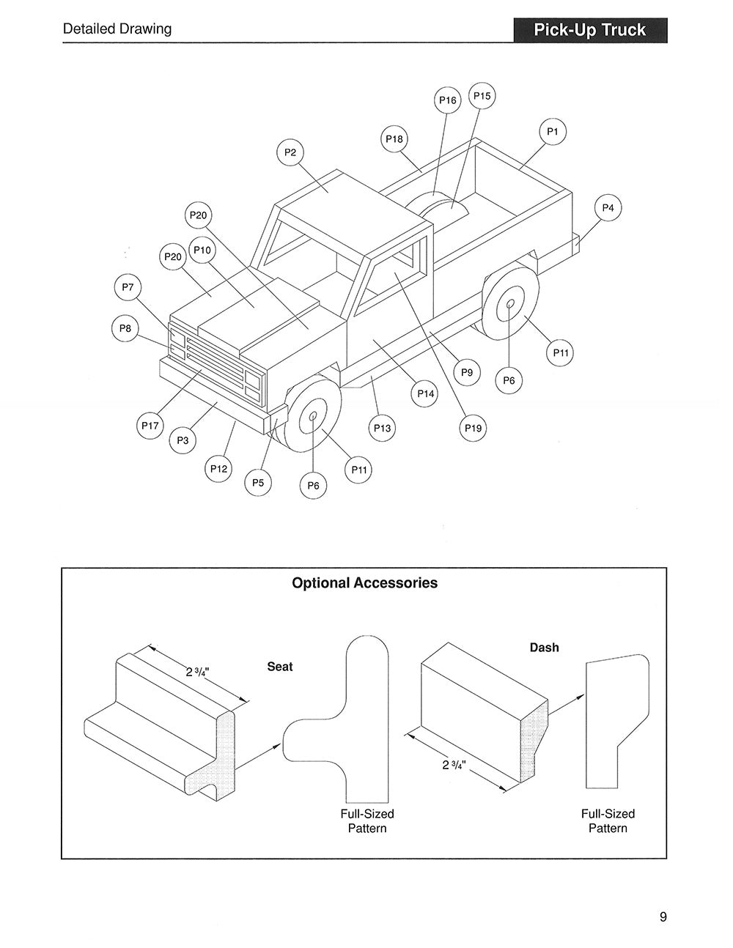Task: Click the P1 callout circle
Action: (x=553, y=132)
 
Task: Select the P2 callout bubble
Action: (x=290, y=152)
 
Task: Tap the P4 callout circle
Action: (x=608, y=208)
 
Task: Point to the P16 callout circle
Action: (x=447, y=100)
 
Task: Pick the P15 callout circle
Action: (x=482, y=96)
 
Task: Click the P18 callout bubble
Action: (x=394, y=139)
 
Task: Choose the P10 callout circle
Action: (x=202, y=251)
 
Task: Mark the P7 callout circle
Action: (x=128, y=287)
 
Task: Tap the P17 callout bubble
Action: (x=150, y=426)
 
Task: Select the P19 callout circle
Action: (x=474, y=428)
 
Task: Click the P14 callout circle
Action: (x=426, y=394)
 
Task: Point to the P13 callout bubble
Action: (x=382, y=428)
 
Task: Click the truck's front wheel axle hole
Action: (x=313, y=416)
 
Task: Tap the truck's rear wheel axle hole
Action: (x=510, y=303)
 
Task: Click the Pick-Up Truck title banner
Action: (x=590, y=30)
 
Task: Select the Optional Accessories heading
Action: (x=364, y=583)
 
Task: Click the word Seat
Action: (x=280, y=667)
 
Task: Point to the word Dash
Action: (x=544, y=648)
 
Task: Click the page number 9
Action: (x=663, y=916)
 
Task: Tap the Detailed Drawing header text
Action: (x=117, y=29)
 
